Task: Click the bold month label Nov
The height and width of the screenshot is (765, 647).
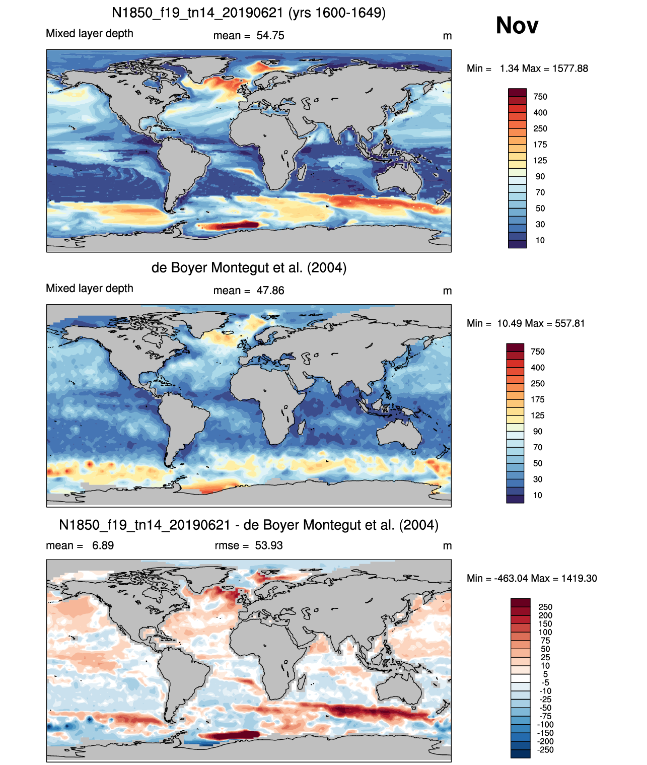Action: [x=517, y=26]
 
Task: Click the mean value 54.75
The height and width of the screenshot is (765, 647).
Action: [x=270, y=36]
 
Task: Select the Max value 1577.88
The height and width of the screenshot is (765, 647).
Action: [x=570, y=68]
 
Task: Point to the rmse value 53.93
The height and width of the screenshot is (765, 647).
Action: [x=268, y=545]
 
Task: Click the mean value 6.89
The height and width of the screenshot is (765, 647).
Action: [x=103, y=545]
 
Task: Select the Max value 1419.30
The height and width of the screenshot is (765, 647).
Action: [x=579, y=579]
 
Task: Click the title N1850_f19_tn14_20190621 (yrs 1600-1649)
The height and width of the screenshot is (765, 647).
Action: [x=249, y=13]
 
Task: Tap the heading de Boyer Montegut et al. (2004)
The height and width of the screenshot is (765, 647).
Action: [x=249, y=268]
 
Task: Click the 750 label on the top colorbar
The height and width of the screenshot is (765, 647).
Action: [x=540, y=97]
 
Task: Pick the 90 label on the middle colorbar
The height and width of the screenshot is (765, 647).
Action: [x=538, y=432]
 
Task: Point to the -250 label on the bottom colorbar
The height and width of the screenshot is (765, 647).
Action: [x=545, y=750]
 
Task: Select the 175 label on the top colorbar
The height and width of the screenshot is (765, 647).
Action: [x=540, y=145]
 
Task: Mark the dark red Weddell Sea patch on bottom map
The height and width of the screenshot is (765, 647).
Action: [x=230, y=735]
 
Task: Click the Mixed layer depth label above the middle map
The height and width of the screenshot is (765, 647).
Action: [x=90, y=289]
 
